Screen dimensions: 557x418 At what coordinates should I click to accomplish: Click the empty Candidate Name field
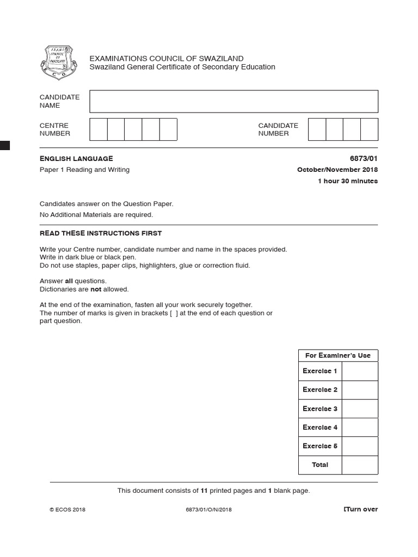[233, 101]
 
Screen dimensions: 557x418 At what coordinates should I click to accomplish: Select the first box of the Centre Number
[99, 129]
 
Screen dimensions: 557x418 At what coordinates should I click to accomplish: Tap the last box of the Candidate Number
[369, 129]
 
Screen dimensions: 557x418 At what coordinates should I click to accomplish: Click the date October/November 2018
[337, 170]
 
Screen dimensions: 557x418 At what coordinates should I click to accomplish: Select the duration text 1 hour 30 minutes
[347, 181]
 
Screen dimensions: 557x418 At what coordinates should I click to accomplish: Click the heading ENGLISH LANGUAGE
[76, 158]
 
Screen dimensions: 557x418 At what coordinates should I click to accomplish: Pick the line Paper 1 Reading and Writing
[84, 170]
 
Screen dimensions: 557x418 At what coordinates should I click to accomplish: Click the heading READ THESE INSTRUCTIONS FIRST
[101, 233]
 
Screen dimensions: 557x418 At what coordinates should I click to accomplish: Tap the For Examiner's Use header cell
[337, 356]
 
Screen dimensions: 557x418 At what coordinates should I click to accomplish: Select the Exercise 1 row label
[320, 371]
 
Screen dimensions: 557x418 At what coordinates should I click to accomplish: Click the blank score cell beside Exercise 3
[360, 409]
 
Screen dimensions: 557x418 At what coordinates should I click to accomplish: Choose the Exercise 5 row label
[320, 446]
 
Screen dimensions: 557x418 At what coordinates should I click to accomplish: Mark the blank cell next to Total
[360, 465]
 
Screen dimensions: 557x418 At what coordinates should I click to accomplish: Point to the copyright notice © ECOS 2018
[67, 510]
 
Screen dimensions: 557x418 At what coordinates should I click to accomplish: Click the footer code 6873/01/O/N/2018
[208, 510]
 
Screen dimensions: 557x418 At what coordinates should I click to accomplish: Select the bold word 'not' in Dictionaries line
[96, 289]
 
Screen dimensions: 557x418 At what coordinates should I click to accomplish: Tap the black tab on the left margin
[5, 145]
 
